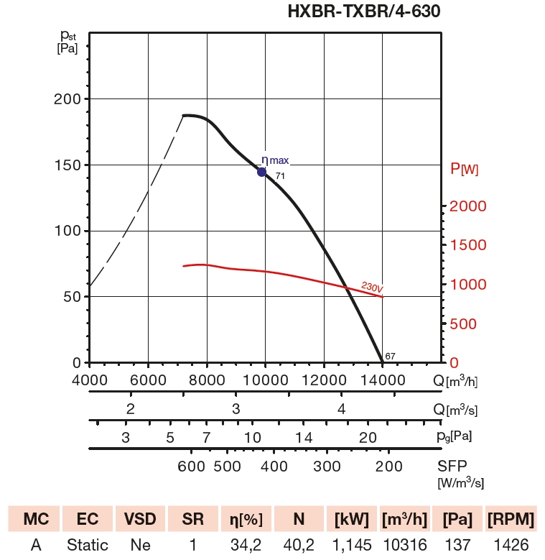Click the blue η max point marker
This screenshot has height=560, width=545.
pos(262,172)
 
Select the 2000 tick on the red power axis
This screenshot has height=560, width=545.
pos(469,206)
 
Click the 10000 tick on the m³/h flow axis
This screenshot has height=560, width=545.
pos(265,381)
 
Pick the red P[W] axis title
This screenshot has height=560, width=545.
pos(464,170)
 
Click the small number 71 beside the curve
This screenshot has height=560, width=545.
pos(280,176)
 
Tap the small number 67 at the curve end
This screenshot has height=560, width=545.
pos(390,356)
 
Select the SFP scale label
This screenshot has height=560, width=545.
pos(452,466)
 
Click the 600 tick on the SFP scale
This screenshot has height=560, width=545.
pos(192,466)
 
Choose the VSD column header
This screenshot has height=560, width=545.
pos(141,519)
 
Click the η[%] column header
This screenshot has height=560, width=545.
pos(245,519)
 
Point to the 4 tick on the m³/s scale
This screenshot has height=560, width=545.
pos(343,409)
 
